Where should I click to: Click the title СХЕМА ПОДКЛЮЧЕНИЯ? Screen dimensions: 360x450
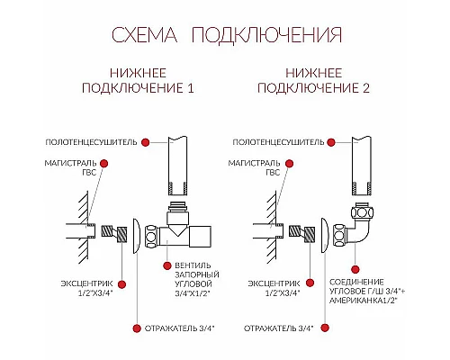(225, 35)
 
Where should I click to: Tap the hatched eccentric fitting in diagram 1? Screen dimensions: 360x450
(113, 235)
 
